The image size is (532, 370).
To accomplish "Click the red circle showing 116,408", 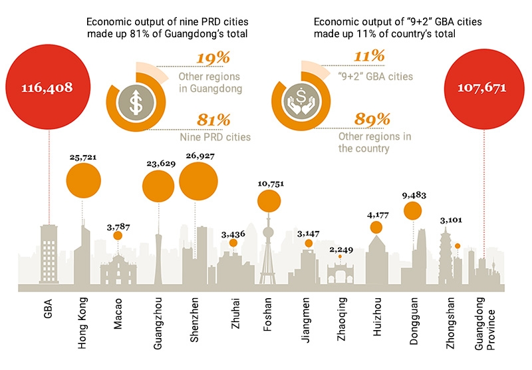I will coord(47,87).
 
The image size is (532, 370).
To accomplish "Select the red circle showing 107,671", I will coord(483,87).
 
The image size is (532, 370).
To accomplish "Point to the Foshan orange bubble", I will coord(269,202).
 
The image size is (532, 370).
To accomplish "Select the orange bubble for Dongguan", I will coord(413,210).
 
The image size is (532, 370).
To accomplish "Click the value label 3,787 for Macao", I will coord(118,226).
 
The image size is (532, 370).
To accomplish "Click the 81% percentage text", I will coord(213,121).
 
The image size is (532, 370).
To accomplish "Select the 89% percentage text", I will coord(355,121).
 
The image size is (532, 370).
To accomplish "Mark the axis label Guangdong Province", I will coord(485,332).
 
